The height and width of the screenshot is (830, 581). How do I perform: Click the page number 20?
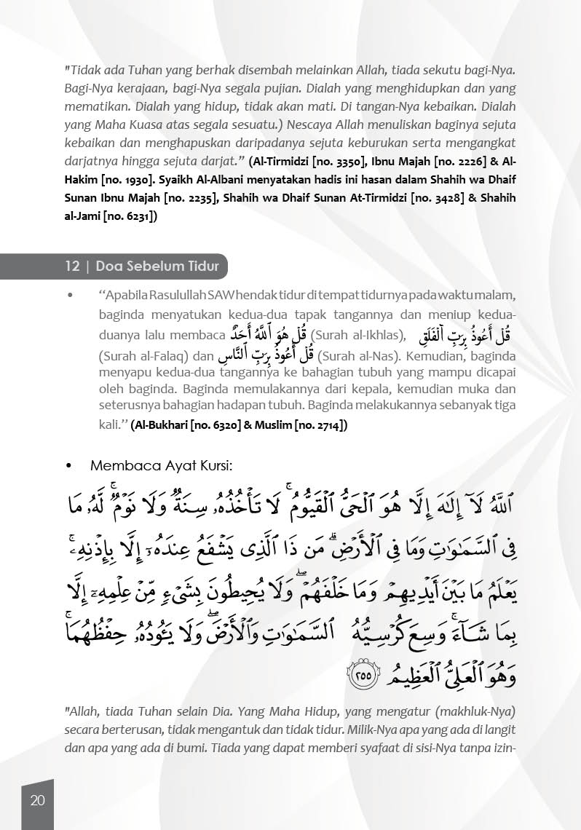coord(38,801)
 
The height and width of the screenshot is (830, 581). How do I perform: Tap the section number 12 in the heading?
coord(72,266)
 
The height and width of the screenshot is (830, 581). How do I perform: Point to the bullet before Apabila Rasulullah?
coord(69,296)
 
